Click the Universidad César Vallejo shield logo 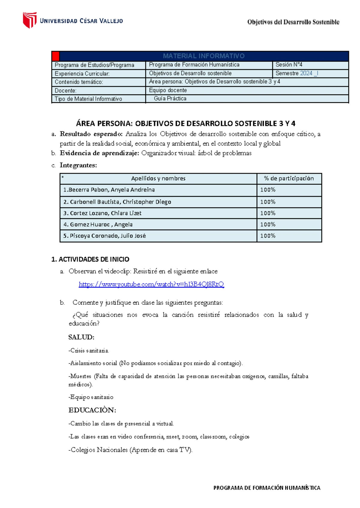(30, 20)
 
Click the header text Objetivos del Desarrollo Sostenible (293, 22)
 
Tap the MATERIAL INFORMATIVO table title (204, 56)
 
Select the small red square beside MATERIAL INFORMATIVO (55, 56)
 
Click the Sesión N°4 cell (289, 64)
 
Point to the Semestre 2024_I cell (297, 73)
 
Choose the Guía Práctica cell (170, 98)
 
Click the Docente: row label (66, 91)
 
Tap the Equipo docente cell (168, 90)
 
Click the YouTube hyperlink (151, 284)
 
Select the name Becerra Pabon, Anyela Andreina (109, 190)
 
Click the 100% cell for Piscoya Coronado (268, 236)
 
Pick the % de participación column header (289, 178)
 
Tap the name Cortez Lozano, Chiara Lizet (102, 213)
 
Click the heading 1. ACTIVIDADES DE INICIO (90, 259)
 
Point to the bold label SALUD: (81, 337)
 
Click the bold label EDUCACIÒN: (92, 410)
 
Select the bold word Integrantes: (78, 165)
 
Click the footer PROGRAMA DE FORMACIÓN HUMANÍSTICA (267, 488)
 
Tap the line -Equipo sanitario (91, 397)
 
